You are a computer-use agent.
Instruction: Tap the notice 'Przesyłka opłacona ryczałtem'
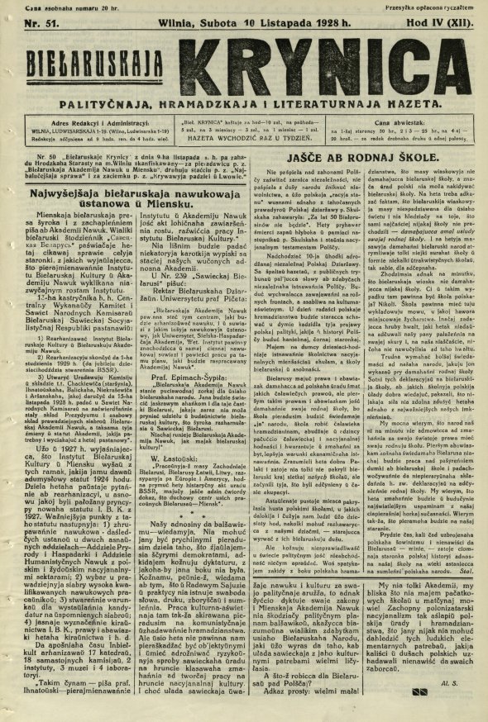click(439, 6)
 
